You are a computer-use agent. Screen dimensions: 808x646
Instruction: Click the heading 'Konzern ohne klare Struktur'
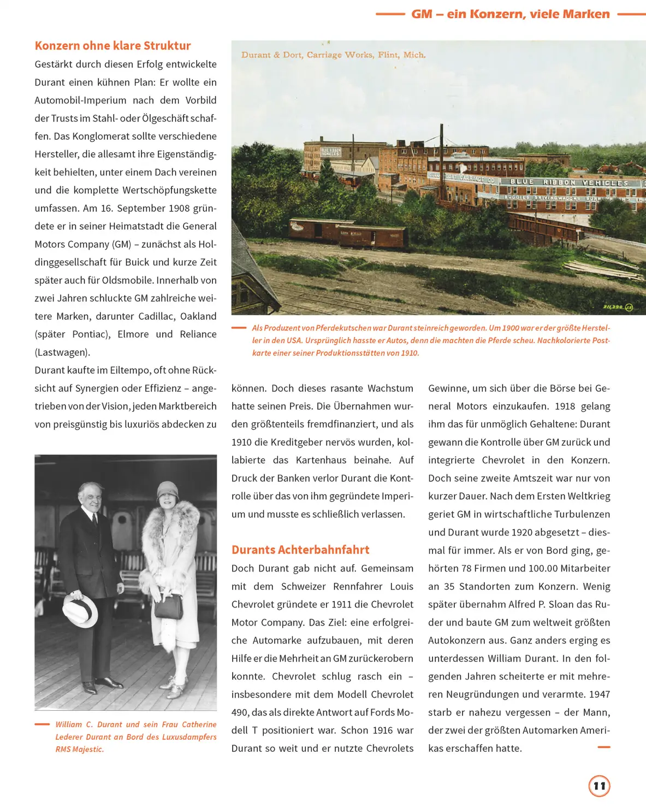point(112,46)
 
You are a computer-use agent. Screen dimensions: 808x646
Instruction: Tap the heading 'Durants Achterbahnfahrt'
point(300,550)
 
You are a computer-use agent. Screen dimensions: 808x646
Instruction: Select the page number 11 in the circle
point(599,786)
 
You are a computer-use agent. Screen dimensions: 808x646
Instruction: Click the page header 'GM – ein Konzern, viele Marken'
point(511,14)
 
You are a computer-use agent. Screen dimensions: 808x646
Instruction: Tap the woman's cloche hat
point(168,492)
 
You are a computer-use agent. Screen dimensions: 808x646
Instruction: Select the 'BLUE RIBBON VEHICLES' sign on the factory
point(568,182)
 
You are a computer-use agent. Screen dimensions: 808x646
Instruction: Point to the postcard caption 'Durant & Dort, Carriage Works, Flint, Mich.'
point(333,55)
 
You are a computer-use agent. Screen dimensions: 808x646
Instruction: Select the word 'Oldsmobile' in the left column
point(127,280)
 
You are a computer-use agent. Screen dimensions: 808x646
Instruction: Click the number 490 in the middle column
point(240,712)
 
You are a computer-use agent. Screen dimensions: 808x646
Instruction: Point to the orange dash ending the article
point(603,747)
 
